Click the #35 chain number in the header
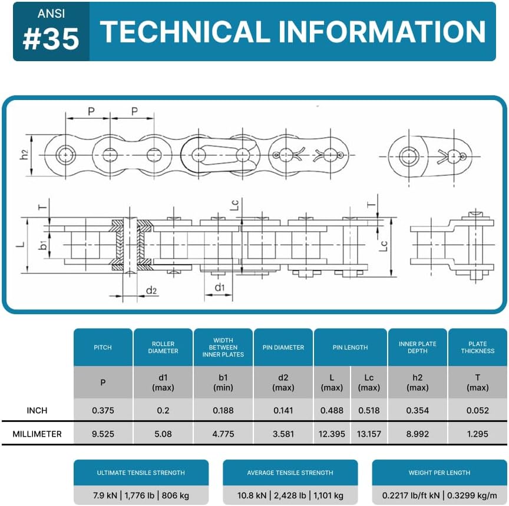51,39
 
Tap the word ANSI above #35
51,14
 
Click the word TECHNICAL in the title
185,31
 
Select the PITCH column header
103,348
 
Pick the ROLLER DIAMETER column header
163,348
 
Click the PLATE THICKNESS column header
478,348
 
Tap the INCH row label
37,410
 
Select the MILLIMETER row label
37,434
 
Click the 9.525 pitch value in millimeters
103,434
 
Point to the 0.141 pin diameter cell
283,410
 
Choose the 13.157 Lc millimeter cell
369,434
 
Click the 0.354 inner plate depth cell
418,410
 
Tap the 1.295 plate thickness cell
478,434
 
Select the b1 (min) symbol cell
223,382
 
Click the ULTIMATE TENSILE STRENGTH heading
141,472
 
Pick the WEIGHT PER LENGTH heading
439,472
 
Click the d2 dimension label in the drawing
151,290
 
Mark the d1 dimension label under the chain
220,287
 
